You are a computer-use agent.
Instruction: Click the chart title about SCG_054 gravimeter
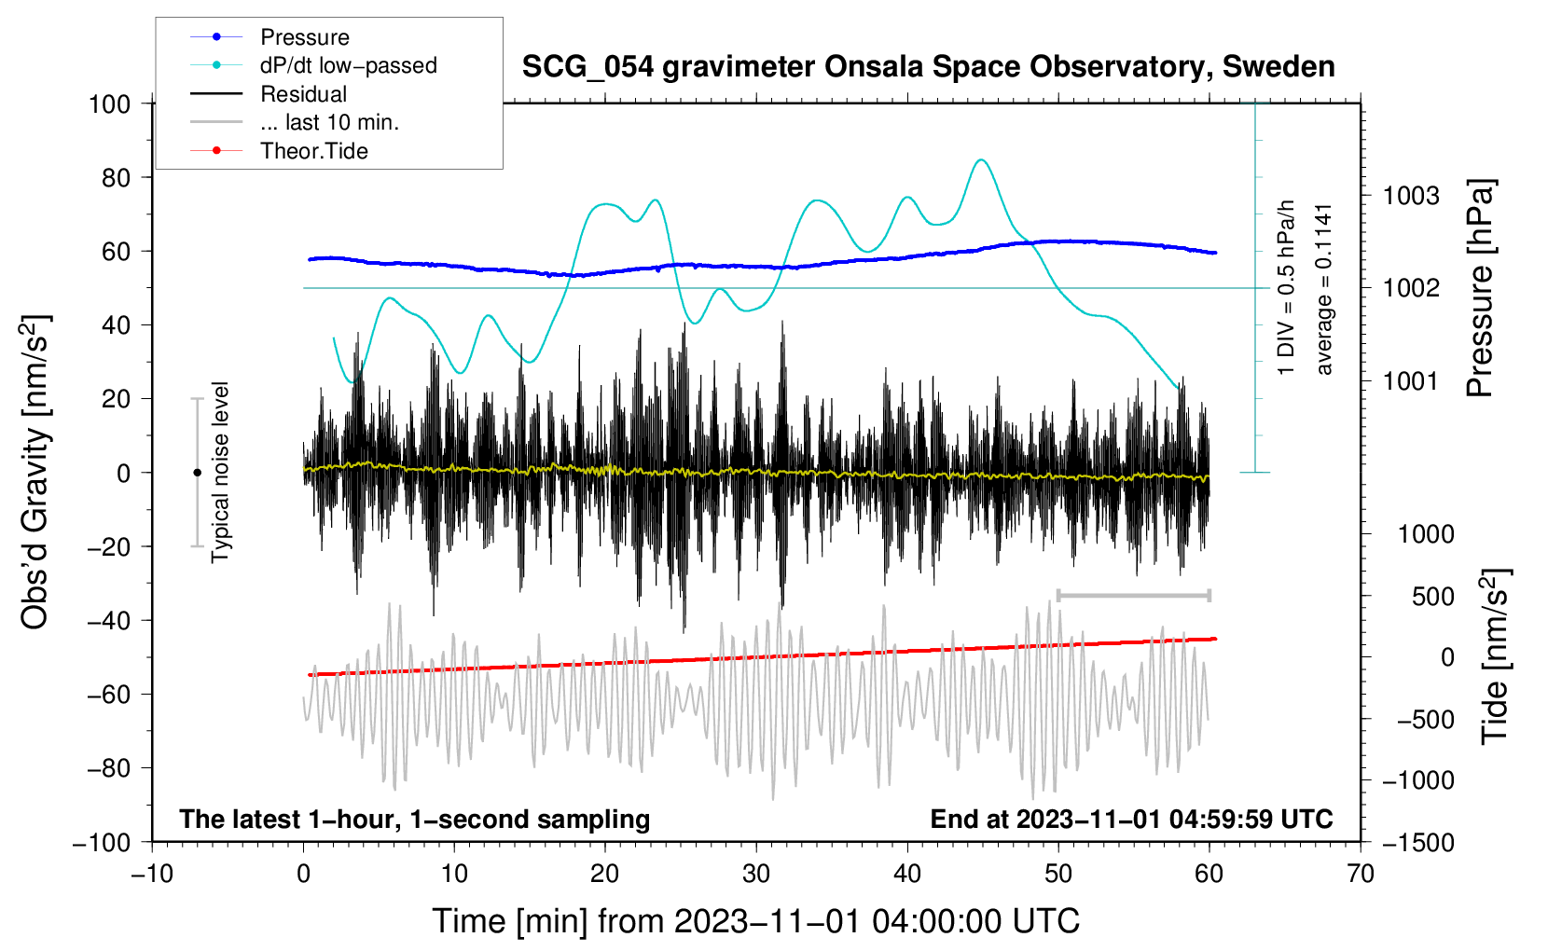click(928, 67)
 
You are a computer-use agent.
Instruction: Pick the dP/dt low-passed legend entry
click(348, 65)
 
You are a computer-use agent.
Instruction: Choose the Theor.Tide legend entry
click(313, 151)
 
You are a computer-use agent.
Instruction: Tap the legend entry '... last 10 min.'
click(329, 122)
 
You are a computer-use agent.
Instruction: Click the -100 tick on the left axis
click(102, 842)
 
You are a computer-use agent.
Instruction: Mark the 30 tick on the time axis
click(756, 874)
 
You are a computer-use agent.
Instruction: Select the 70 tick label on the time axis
click(1361, 874)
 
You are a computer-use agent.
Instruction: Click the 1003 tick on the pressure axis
click(1411, 196)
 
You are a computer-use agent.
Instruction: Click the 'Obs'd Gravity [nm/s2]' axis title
click(35, 473)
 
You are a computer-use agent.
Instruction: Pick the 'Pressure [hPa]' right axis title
click(1480, 289)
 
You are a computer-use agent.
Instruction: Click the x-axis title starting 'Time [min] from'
click(756, 921)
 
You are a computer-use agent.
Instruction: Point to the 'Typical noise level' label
click(220, 473)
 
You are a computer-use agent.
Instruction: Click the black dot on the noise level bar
click(197, 473)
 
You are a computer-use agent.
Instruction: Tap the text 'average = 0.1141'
click(1324, 289)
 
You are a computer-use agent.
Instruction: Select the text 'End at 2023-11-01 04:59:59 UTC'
click(1131, 819)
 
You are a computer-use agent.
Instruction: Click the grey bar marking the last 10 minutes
click(1133, 595)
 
